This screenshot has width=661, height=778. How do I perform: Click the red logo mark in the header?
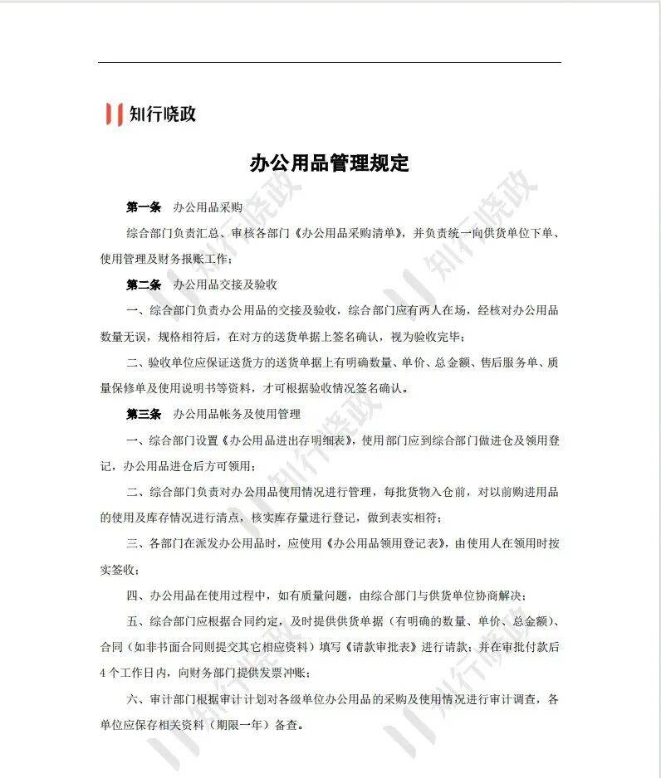point(115,114)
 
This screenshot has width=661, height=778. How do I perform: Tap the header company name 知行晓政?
point(163,114)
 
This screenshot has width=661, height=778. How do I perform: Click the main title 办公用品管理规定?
point(330,163)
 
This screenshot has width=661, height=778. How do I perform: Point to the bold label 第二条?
point(143,284)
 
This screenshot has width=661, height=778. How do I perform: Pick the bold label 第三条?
point(143,413)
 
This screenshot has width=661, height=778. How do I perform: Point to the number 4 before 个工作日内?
point(102,673)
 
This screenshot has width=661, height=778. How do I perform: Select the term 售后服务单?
point(482,362)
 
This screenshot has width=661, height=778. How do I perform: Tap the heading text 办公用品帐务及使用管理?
point(237,413)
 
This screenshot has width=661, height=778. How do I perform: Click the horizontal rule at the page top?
point(330,62)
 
